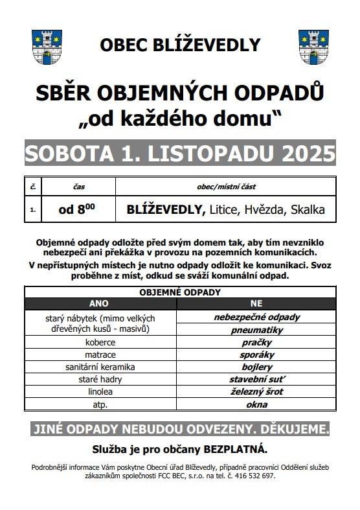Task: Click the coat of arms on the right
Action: [314, 47]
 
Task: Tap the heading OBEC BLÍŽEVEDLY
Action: [180, 45]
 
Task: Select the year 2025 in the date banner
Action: [308, 154]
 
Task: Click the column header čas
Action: [78, 187]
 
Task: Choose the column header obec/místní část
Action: [226, 187]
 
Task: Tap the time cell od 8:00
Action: [78, 209]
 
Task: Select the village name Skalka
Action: [308, 209]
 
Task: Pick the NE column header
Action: [256, 303]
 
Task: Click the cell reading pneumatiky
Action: [256, 330]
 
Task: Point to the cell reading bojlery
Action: [256, 367]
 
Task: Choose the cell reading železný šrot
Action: [256, 391]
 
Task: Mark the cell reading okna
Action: [256, 404]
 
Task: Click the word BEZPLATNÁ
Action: [236, 449]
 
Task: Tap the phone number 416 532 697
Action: [253, 475]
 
